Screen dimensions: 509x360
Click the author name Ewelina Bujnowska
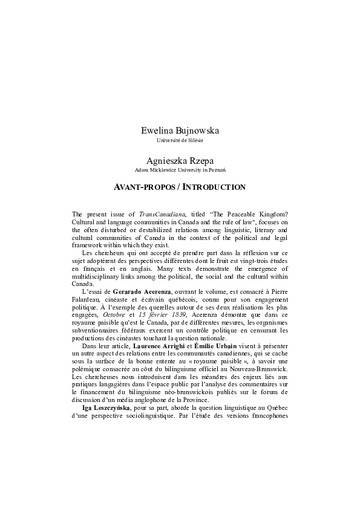pyautogui.click(x=180, y=130)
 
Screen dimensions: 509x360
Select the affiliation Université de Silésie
pyautogui.click(x=180, y=140)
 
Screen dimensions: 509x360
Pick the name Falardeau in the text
pyautogui.click(x=85, y=300)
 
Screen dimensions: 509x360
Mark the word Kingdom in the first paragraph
pyautogui.click(x=270, y=214)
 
